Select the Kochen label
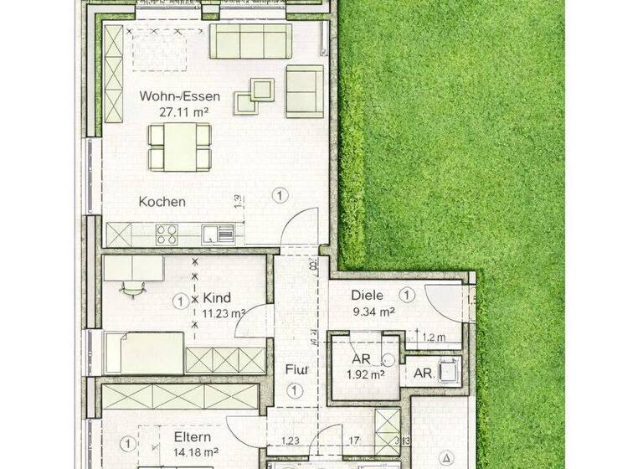(x=162, y=202)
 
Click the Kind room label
(x=217, y=297)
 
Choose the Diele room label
(x=368, y=296)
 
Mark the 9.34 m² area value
(x=373, y=312)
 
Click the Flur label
(x=295, y=369)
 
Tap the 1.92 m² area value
(x=366, y=375)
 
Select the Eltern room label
(x=192, y=437)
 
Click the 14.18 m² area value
(x=192, y=453)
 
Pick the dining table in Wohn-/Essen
(x=180, y=146)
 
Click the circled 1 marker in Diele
(x=407, y=295)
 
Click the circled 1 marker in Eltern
(x=126, y=442)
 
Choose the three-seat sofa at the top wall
(x=250, y=40)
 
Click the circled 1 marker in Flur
(x=295, y=390)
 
